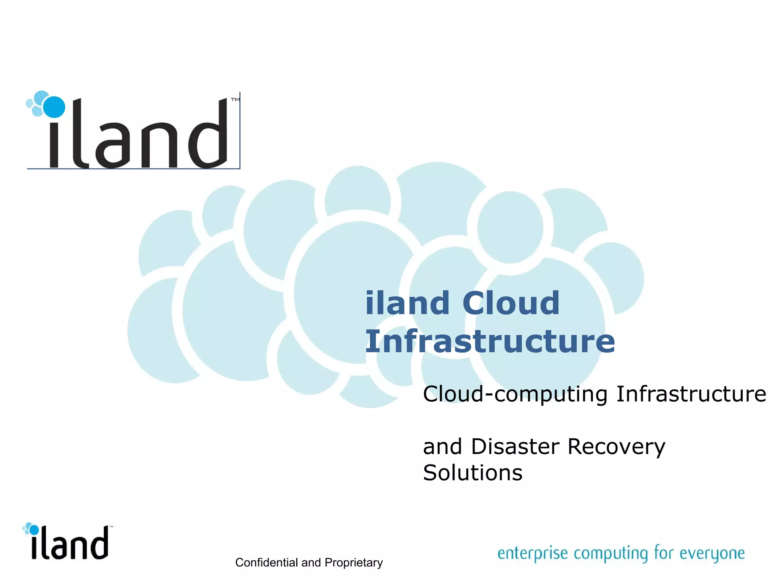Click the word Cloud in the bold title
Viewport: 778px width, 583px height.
[511, 303]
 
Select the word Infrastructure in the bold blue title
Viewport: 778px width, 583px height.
[490, 341]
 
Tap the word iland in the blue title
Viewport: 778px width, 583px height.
[407, 303]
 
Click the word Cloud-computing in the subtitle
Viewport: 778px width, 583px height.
[515, 394]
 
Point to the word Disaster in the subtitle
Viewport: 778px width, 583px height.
[515, 446]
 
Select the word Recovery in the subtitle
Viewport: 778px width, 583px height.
[616, 447]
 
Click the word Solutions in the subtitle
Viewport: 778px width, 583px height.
[473, 473]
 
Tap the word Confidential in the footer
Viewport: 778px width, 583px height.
[266, 563]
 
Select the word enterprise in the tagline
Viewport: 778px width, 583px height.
[533, 553]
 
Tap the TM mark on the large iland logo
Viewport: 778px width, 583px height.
[235, 100]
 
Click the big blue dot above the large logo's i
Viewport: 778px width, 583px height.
[54, 107]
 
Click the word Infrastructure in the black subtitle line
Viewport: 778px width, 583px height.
[691, 394]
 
